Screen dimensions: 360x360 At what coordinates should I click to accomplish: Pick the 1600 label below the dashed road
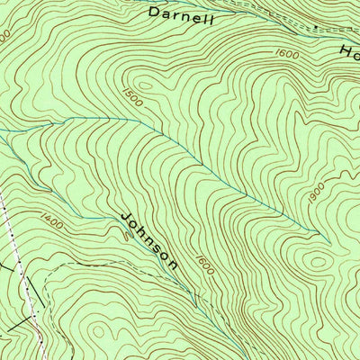pos(288,54)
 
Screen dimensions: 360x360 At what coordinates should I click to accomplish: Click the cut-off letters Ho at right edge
pos(348,51)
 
